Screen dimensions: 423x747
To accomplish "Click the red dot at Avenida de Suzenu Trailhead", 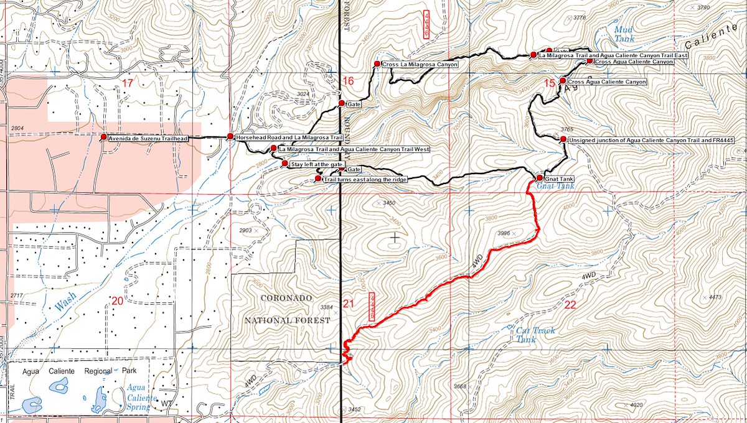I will [x=104, y=136].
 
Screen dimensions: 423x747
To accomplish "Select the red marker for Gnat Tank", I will [x=540, y=178].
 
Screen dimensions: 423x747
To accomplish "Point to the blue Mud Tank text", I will [x=623, y=34].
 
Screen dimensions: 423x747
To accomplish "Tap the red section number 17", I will [x=128, y=83].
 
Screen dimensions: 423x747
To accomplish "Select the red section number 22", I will [x=570, y=305].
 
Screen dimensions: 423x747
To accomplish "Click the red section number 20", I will [x=117, y=301].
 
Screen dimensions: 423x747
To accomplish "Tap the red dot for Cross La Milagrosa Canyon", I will [x=377, y=64].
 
